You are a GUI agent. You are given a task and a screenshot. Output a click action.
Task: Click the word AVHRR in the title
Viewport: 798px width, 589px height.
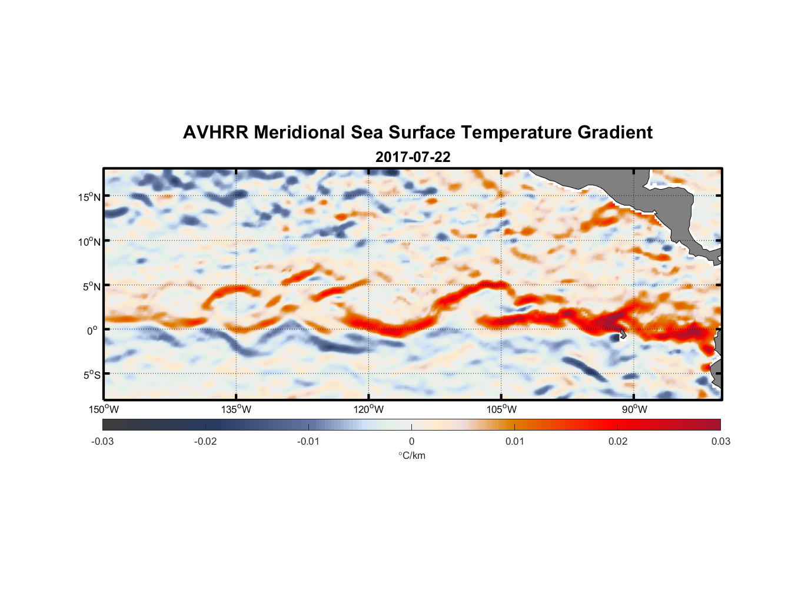pyautogui.click(x=215, y=133)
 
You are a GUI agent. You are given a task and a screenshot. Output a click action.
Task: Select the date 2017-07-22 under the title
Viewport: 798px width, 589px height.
pyautogui.click(x=413, y=157)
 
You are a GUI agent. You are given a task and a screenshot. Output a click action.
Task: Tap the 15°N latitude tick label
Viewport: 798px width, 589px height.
pyautogui.click(x=89, y=197)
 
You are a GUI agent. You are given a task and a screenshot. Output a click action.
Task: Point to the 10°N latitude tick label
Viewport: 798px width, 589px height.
pyautogui.click(x=89, y=241)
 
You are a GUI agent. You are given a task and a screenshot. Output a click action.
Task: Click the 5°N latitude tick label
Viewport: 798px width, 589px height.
pyautogui.click(x=91, y=286)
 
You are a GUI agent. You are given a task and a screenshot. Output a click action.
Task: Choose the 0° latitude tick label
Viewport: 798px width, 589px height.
pyautogui.click(x=92, y=330)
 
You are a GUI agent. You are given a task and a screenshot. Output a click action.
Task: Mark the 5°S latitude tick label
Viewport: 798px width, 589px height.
pyautogui.click(x=91, y=375)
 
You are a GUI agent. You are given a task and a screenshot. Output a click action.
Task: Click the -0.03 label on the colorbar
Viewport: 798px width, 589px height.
pyautogui.click(x=102, y=442)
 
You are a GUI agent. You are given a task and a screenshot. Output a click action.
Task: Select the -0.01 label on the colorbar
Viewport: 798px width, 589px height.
pyautogui.click(x=308, y=442)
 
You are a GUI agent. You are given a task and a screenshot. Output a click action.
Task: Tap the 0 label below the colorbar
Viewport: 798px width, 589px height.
pyautogui.click(x=411, y=442)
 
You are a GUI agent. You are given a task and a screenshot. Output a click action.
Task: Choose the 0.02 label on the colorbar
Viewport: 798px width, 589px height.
pyautogui.click(x=618, y=442)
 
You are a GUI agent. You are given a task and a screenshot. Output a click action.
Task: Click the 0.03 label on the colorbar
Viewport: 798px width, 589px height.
pyautogui.click(x=720, y=442)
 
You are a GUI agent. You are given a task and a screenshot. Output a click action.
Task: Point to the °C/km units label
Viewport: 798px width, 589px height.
pyautogui.click(x=412, y=456)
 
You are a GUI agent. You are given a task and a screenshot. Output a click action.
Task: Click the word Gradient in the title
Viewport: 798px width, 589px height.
pyautogui.click(x=615, y=133)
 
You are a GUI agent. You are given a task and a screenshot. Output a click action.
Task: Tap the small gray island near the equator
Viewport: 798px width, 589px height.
pyautogui.click(x=622, y=333)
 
